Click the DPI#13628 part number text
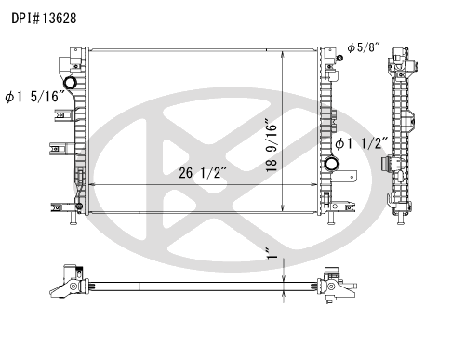tap(44, 19)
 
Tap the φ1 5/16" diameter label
tap(35, 97)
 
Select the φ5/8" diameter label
tap(364, 47)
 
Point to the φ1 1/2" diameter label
tap(362, 143)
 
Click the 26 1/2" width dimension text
tap(204, 172)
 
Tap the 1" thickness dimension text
tap(272, 253)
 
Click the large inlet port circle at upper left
tap(70, 83)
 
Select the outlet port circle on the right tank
tap(331, 163)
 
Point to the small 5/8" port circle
tap(340, 58)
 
